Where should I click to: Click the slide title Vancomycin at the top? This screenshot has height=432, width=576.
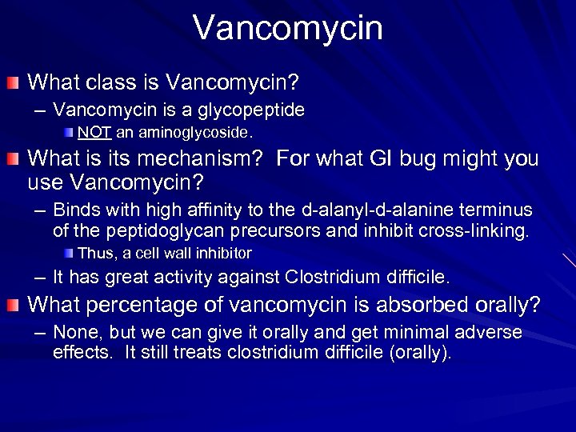(288, 26)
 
